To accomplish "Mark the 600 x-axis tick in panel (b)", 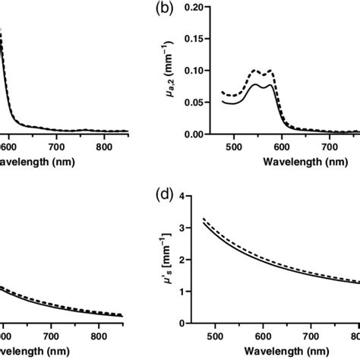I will pyautogui.click(x=283, y=145).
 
